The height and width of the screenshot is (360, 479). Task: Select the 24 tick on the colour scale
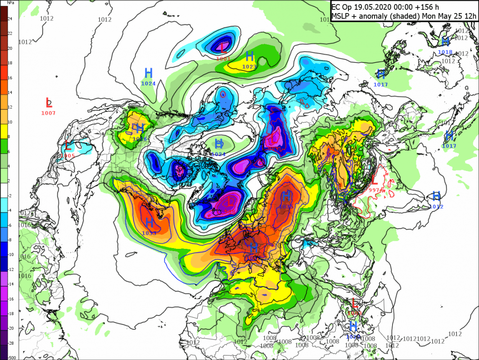10,18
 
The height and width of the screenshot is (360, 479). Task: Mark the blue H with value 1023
250,57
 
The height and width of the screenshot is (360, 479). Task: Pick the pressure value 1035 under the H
287,207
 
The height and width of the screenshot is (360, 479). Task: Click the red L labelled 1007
49,102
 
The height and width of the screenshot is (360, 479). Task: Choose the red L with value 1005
68,146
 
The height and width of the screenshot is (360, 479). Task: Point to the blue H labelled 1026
140,129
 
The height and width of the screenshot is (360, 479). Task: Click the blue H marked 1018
445,42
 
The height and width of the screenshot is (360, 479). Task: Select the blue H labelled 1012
436,196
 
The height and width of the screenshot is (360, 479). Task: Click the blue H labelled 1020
353,326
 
